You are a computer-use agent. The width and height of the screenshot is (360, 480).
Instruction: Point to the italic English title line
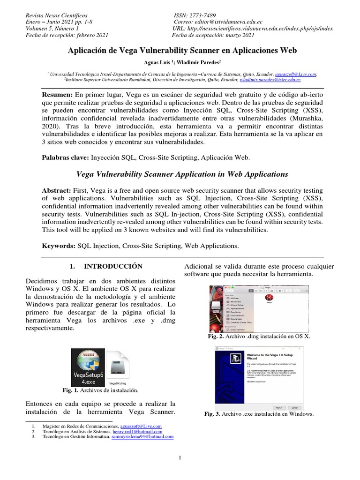coord(181,174)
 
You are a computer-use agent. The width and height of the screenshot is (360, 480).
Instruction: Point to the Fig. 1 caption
coord(100,390)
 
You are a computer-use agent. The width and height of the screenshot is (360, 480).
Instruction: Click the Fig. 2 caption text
coord(258,337)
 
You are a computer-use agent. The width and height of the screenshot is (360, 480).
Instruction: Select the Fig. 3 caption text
coord(259,414)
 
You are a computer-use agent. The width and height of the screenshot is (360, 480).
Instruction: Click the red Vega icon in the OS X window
coord(269,297)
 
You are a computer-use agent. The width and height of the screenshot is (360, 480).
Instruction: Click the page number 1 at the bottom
coord(180,458)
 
